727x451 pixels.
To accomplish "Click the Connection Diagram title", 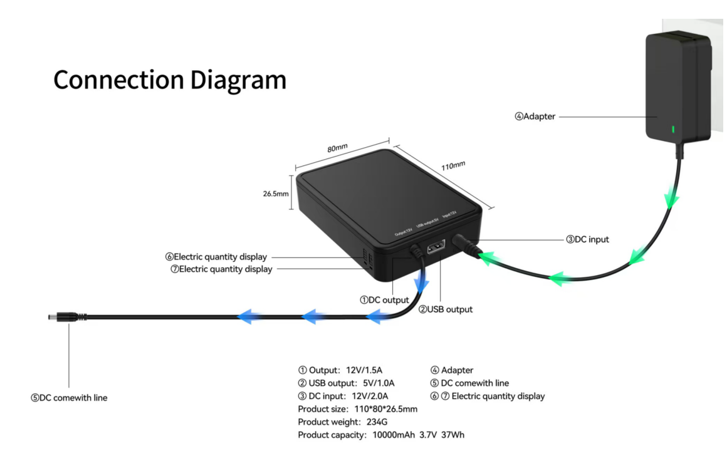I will coord(170,81).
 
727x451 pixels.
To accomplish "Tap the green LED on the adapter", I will coord(673,130).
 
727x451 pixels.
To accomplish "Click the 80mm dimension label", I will coord(337,148).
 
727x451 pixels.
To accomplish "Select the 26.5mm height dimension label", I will coord(275,194).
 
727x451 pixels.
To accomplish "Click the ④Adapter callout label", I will coord(535,117).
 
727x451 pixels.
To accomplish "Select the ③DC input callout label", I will coord(587,239).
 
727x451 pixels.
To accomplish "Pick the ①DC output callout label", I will coord(384,300).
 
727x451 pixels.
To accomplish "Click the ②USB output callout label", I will coord(446,309).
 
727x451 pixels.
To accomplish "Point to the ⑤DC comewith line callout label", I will coord(69,398).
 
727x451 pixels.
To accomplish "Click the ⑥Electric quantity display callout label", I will coord(216,257).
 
